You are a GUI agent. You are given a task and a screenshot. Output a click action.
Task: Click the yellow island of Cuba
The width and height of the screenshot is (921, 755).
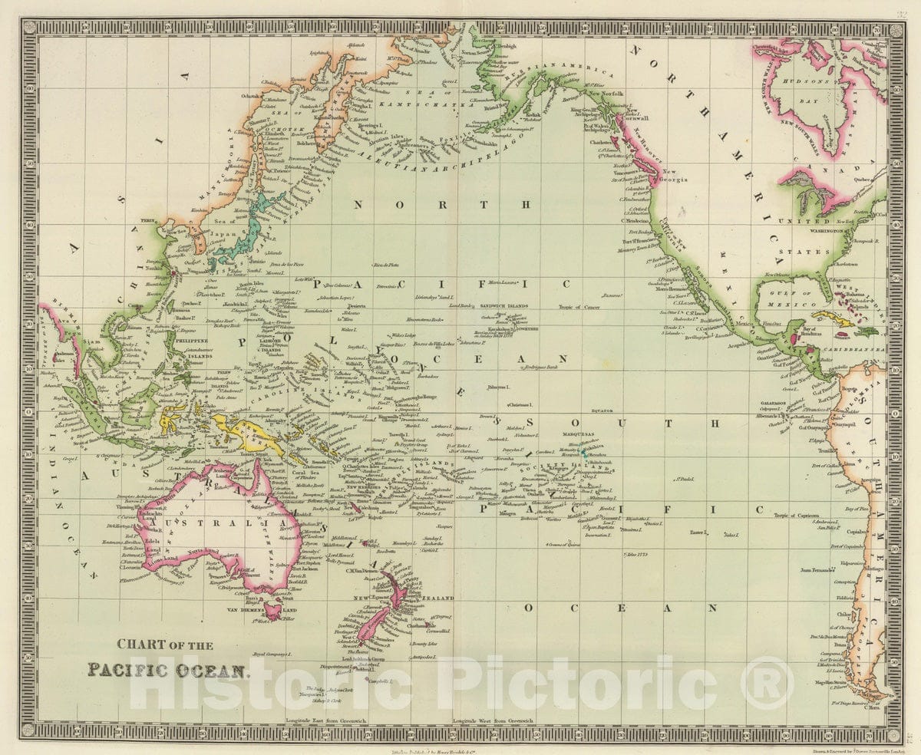[x=833, y=317]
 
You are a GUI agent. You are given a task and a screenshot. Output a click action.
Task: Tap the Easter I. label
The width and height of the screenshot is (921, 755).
[x=697, y=532]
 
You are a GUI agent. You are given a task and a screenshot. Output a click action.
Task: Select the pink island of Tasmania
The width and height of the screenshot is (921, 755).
[x=271, y=611]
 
